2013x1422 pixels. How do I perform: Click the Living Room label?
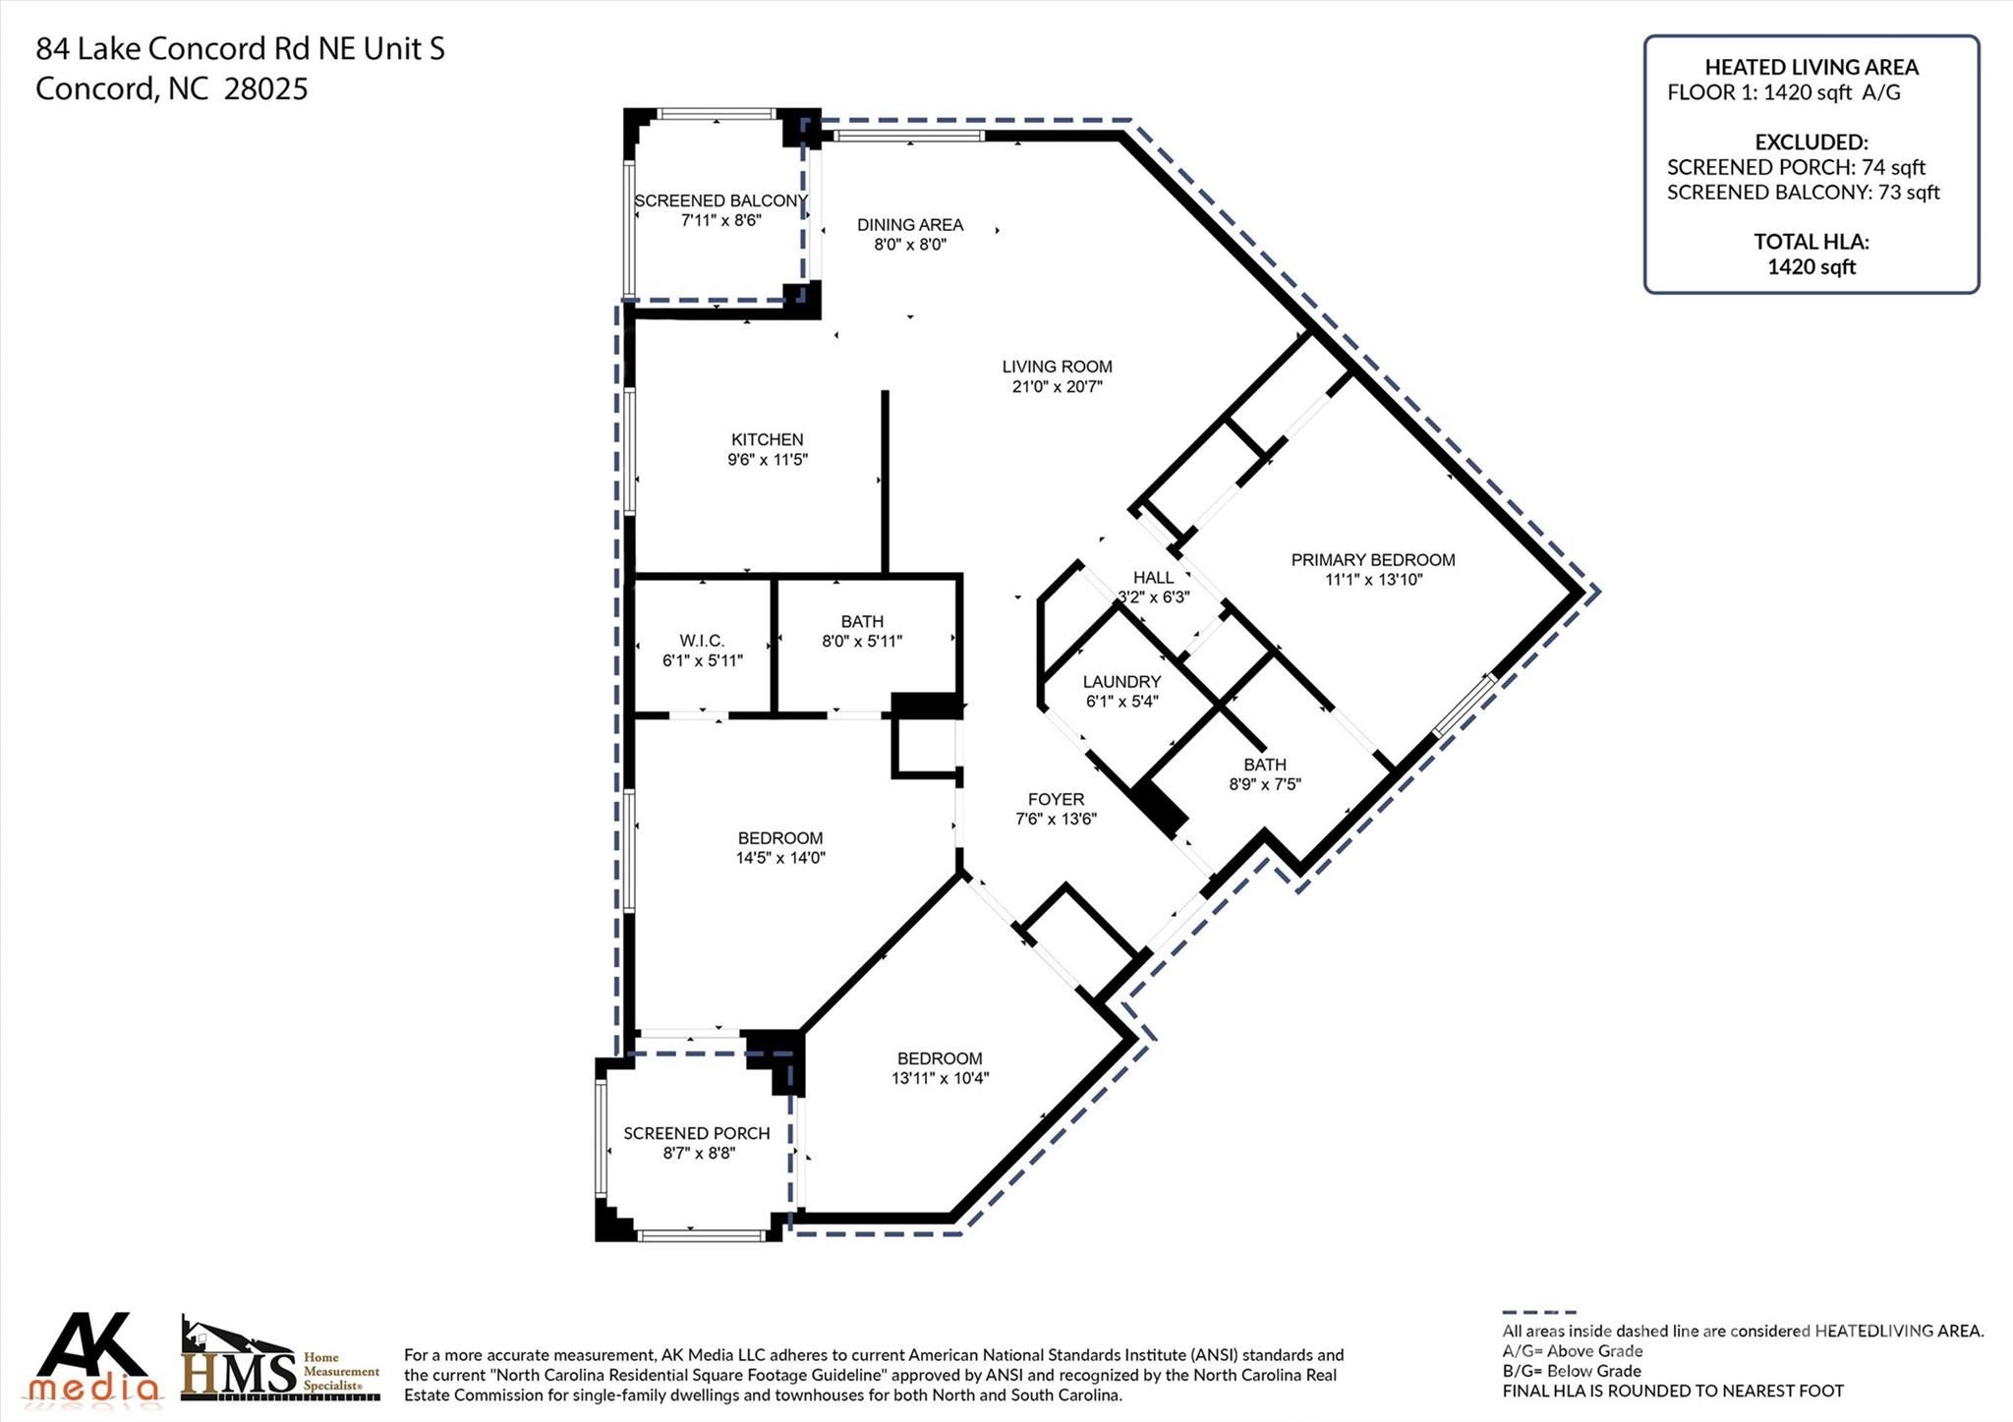pos(1057,367)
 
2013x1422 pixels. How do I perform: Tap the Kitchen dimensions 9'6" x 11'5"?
pos(767,460)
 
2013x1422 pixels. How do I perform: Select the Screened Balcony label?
pos(720,200)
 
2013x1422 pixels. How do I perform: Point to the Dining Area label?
pos(909,225)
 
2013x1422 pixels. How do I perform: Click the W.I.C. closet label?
pos(702,641)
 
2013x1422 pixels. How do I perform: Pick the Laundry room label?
pos(1122,682)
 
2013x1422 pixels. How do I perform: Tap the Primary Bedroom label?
pos(1372,560)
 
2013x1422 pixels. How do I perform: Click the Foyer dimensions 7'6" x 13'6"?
pos(1056,820)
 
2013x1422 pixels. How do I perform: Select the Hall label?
pos(1153,578)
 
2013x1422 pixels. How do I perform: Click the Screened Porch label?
pos(696,1133)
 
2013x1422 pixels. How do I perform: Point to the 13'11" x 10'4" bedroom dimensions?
pos(939,1078)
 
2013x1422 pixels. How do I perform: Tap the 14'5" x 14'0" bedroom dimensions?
pos(779,858)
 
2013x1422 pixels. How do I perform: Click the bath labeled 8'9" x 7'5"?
pos(1264,774)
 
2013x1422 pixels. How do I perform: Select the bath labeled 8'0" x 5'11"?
pos(861,632)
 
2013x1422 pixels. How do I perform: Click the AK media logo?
pos(93,1357)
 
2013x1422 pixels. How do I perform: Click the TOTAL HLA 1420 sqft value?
pos(1811,266)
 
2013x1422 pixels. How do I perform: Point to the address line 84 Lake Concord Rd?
pos(240,48)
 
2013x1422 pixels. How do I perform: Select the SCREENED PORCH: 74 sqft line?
pos(1796,167)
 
